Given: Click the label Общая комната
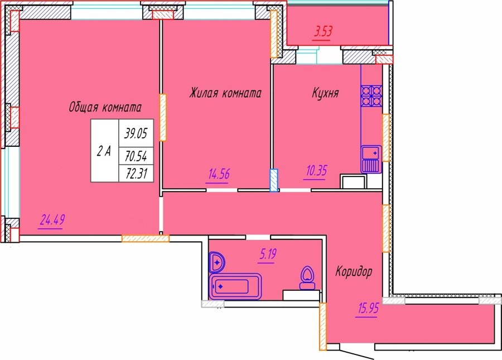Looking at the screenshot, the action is [105, 107].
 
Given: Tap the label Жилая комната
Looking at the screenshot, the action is [225, 93].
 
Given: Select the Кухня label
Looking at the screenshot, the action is [325, 93].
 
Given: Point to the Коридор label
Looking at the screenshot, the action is [354, 272].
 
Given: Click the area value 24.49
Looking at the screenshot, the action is [52, 220].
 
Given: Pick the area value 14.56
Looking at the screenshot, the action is [219, 175].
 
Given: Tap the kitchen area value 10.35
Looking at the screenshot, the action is [316, 171].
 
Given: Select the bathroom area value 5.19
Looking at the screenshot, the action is [268, 255].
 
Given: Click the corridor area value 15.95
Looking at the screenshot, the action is [367, 309].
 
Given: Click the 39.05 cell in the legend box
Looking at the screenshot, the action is [136, 133].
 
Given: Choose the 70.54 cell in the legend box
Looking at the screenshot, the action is [136, 156].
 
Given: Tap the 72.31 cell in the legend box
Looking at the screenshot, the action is [136, 174].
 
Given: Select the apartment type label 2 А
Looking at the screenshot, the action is [104, 151].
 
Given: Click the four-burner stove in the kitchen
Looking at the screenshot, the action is [371, 96].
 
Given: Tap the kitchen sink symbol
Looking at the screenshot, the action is [371, 159].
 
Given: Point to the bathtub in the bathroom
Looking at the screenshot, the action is [235, 286].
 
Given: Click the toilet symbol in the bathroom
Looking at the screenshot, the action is [307, 278].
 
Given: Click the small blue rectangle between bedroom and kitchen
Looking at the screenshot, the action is [274, 180].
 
